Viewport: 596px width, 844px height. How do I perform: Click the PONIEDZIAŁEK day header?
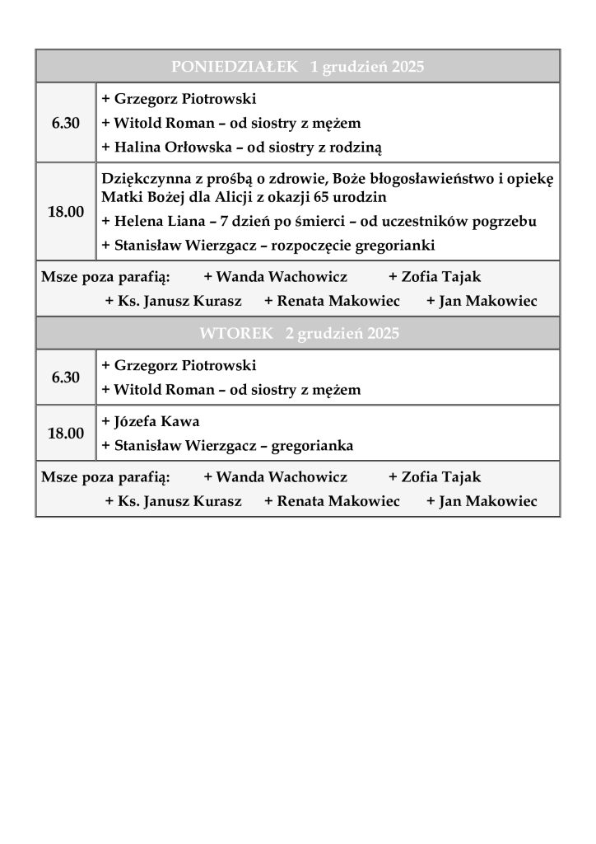[297, 67]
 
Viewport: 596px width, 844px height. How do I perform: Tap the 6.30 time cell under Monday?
[66, 123]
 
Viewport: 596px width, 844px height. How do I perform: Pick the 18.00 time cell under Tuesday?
[66, 433]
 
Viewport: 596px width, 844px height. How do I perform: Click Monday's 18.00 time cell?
[66, 212]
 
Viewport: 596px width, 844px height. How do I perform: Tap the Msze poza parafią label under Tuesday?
[105, 476]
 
